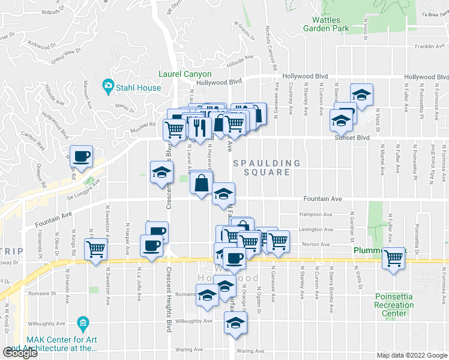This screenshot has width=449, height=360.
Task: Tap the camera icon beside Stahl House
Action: pos(107,87)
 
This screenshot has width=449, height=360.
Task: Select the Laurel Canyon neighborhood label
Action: pos(185,74)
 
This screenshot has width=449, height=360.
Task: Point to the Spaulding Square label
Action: pos(267,167)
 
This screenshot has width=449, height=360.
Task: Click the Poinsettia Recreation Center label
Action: pos(394,305)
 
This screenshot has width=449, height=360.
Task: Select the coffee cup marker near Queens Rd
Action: pos(82,157)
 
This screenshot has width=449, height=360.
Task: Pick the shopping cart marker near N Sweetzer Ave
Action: pos(96,248)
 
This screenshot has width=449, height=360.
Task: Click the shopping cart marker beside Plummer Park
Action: pos(394,258)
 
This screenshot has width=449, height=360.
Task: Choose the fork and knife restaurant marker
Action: pos(199,127)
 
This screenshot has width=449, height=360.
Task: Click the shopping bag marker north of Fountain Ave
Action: pos(202,182)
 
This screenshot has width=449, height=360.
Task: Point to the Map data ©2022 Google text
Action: pos(411,355)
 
